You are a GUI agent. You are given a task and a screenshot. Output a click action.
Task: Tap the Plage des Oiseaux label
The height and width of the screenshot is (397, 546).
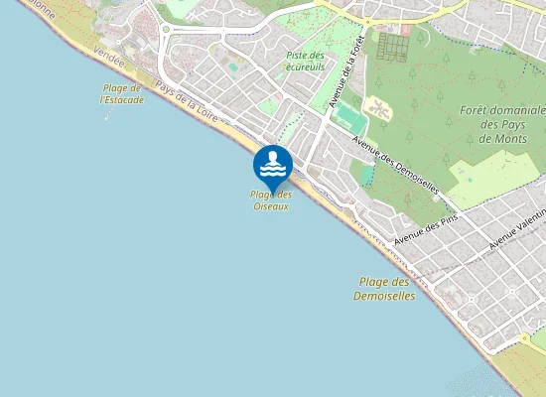tap(271, 200)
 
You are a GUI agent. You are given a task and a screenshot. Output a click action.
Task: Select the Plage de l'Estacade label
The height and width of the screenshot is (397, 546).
tap(122, 94)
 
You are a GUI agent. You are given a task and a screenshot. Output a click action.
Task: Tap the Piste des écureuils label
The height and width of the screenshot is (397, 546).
tap(306, 62)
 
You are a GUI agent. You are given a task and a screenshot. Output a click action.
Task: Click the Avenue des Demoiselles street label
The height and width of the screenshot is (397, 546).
tap(396, 160)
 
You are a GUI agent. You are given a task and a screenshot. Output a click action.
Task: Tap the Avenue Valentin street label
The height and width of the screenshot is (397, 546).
tap(517, 230)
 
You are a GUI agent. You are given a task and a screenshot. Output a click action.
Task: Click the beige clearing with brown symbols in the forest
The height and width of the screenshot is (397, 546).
tap(377, 106)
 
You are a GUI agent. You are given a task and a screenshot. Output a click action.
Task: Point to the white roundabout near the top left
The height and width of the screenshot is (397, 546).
tap(166, 29)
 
